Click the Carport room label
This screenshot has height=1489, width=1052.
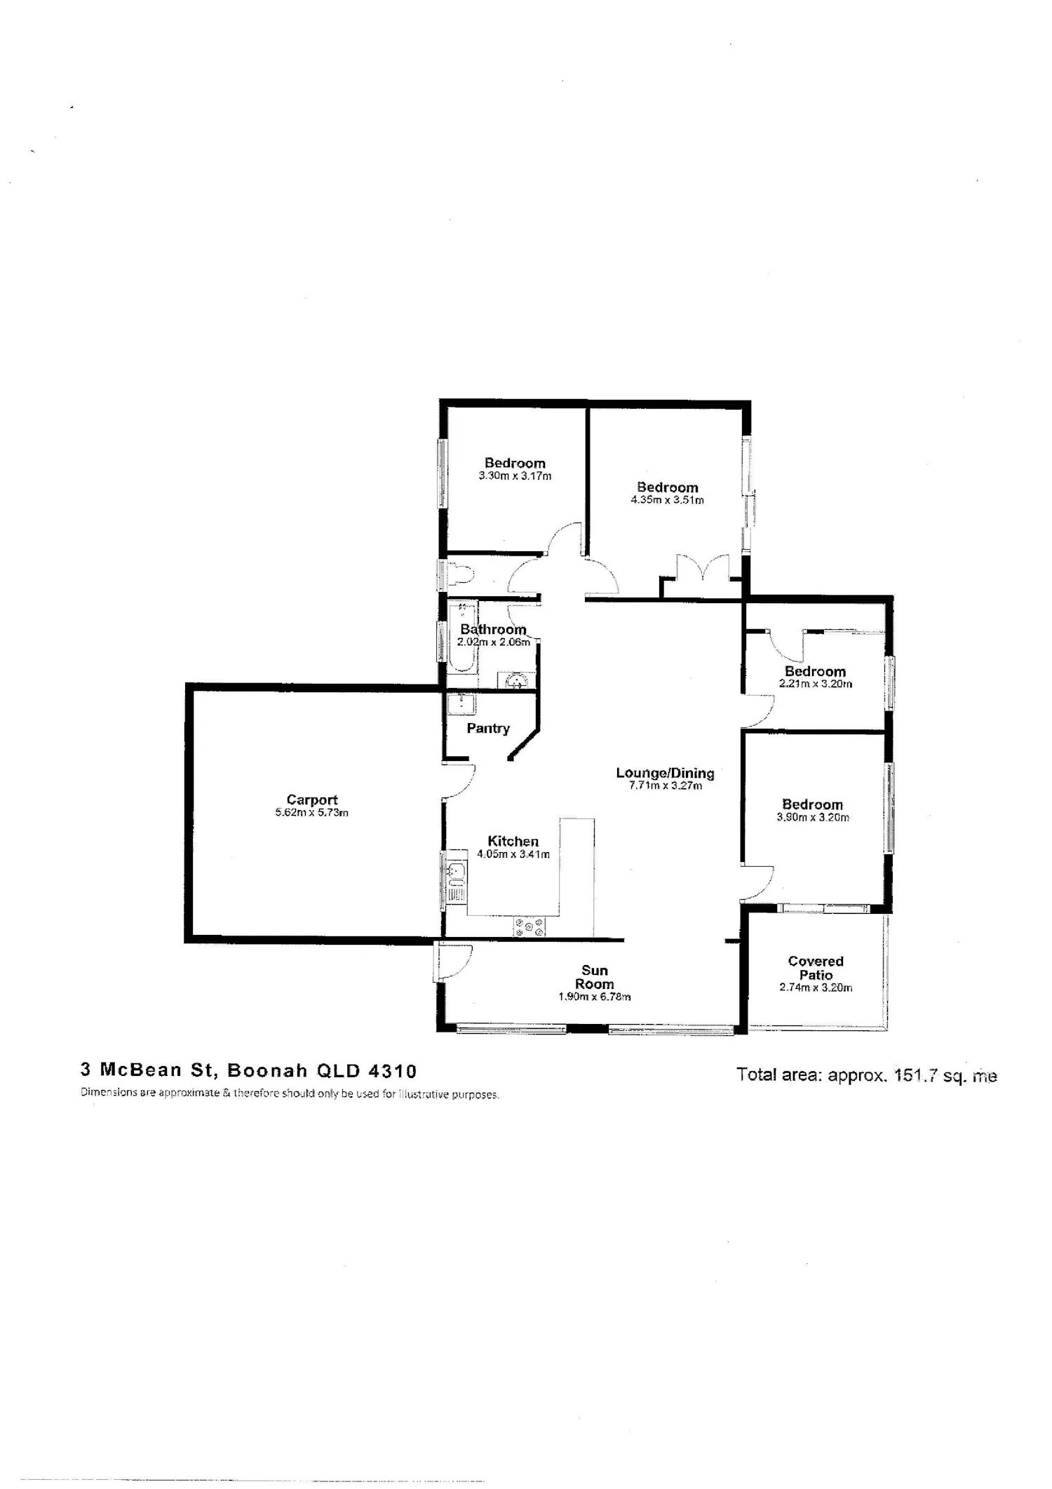click(312, 800)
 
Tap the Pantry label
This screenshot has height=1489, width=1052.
click(488, 729)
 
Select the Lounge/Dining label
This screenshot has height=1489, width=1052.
click(665, 773)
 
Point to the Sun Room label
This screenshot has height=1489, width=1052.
click(594, 977)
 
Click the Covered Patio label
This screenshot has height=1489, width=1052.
click(816, 968)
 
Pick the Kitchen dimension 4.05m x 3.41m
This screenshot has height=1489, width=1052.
click(513, 854)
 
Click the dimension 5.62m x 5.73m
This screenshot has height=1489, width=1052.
click(312, 813)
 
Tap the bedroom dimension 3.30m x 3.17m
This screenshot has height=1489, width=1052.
click(515, 476)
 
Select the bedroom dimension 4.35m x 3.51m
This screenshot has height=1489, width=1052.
click(668, 500)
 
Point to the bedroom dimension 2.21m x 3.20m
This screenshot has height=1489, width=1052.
click(816, 684)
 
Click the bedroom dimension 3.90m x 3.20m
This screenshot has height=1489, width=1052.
click(813, 817)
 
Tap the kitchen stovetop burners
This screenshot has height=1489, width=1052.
click(530, 927)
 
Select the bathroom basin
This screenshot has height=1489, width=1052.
click(516, 680)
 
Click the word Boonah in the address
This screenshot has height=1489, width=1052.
click(267, 1071)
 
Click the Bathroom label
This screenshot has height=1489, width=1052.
click(493, 629)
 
